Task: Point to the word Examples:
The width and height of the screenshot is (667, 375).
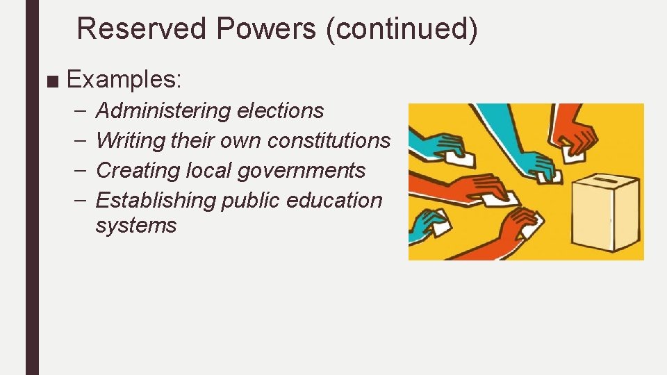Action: coord(124,79)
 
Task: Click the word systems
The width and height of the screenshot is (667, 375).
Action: coord(136,226)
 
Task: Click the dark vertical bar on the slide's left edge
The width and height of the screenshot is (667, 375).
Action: coord(33,187)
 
